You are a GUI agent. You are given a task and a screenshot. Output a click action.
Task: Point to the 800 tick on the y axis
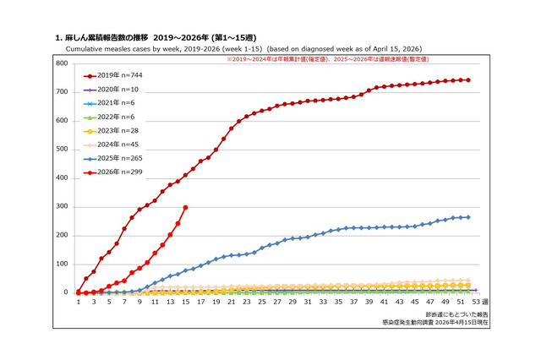(62, 63)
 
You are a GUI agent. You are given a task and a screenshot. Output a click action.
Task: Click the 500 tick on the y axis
(62, 150)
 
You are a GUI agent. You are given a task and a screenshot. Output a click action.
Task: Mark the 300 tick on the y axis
(62, 207)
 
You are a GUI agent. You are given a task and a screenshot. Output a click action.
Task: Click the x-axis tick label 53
(475, 302)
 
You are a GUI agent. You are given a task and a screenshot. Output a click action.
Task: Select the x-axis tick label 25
(261, 302)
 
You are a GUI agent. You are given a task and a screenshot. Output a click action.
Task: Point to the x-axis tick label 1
(78, 302)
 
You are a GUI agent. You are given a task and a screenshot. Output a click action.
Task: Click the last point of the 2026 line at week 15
(185, 207)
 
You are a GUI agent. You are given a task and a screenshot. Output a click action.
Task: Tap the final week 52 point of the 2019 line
(467, 80)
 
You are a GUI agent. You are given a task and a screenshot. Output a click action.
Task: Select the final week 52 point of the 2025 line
(467, 217)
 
